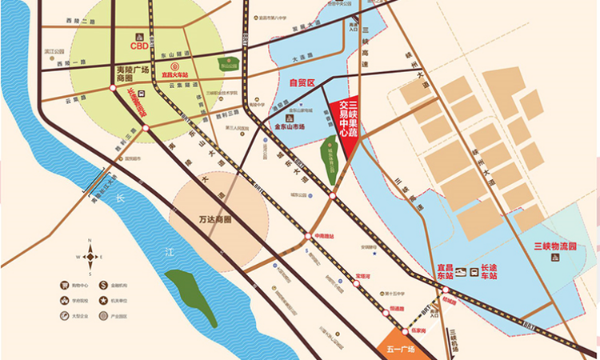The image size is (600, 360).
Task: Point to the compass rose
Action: pos(90,257)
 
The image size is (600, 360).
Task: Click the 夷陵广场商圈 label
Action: pos(133,74)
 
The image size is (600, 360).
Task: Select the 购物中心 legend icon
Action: pos(63,285)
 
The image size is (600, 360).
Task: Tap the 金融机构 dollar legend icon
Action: pos(104,285)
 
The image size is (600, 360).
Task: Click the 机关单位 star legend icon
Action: pos(104,300)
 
